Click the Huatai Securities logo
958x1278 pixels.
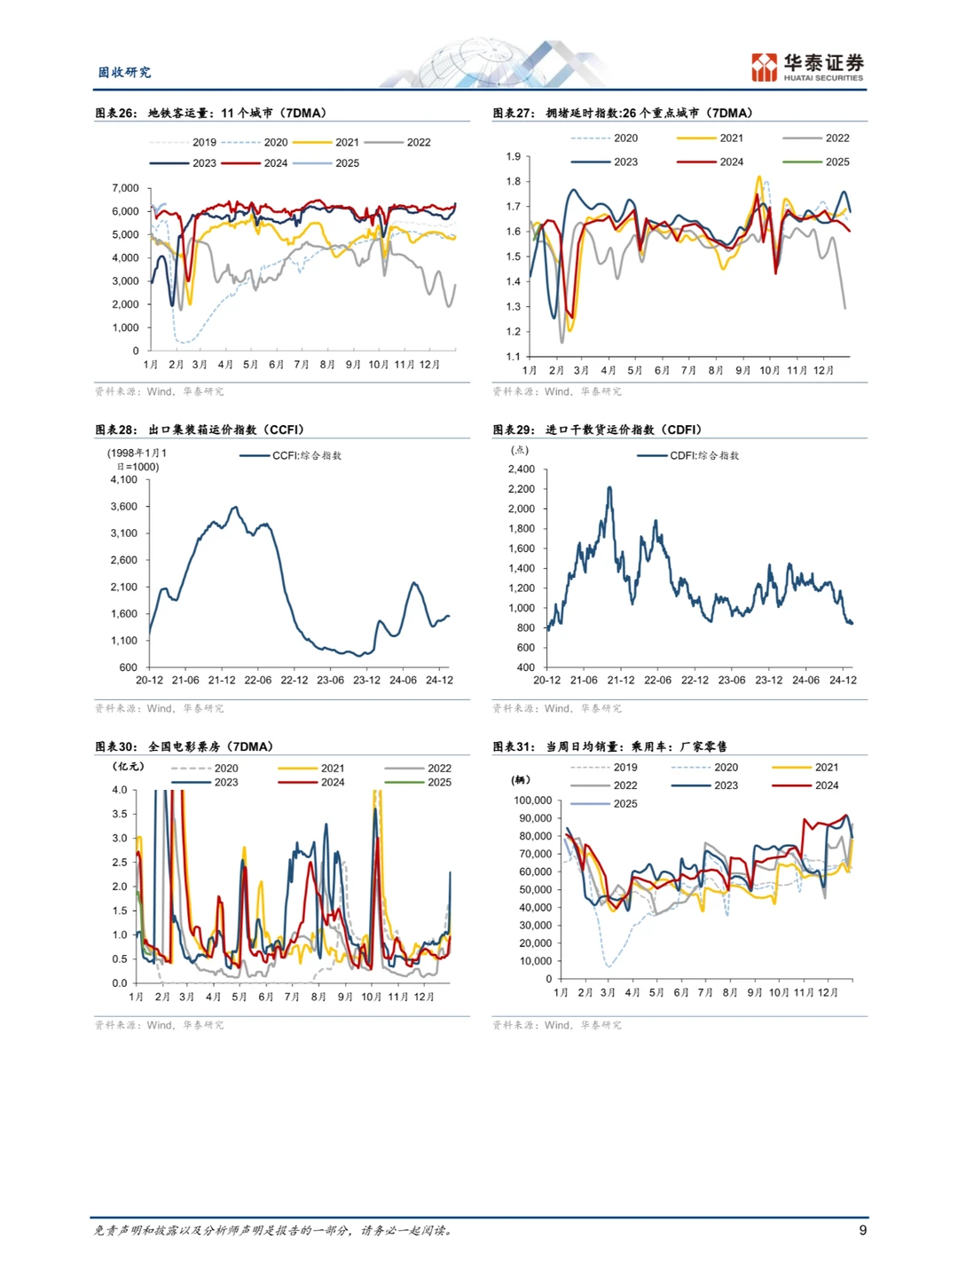click(806, 67)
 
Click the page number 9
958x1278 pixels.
click(862, 1230)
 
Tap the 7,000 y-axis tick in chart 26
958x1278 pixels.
click(126, 188)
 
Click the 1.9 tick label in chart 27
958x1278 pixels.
click(514, 157)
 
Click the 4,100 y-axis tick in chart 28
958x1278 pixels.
click(124, 479)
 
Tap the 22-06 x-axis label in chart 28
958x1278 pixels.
click(257, 681)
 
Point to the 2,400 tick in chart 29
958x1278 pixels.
click(522, 469)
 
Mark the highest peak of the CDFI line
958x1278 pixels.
click(609, 487)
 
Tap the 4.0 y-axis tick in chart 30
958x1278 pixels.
click(120, 790)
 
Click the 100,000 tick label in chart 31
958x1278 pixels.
click(533, 801)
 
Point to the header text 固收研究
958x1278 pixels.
click(124, 72)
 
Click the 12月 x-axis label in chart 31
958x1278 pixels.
click(828, 992)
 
